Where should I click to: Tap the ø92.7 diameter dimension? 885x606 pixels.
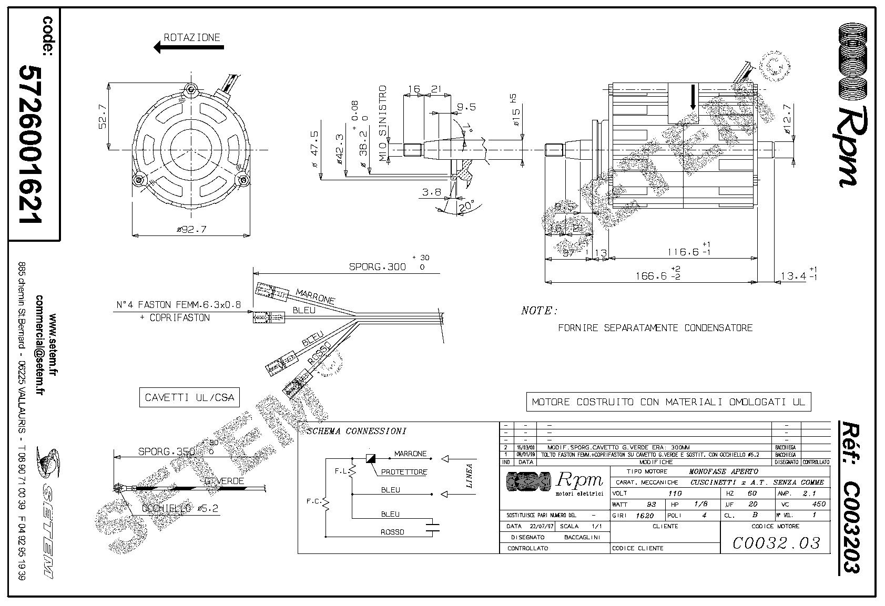(191, 230)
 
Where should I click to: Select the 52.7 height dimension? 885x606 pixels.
(102, 116)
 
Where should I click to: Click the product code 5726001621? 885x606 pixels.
(31, 144)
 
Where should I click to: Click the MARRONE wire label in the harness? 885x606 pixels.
(315, 296)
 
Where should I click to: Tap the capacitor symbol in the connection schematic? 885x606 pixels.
(433, 527)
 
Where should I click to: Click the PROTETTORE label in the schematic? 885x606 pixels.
(404, 472)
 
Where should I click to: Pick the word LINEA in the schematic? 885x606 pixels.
(470, 475)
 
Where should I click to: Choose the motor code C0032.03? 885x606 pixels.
(776, 542)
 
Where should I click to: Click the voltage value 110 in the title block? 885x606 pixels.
(675, 494)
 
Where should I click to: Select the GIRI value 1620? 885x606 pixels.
(644, 516)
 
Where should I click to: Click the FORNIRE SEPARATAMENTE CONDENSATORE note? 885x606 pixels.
(655, 328)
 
